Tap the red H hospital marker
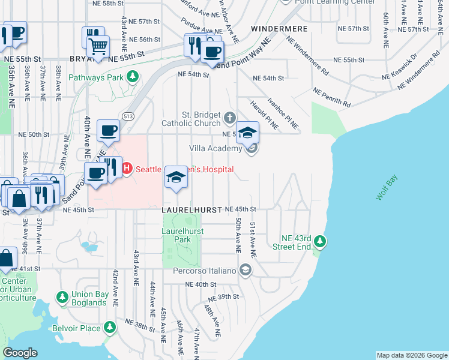click(127, 169)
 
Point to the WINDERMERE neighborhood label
click(279, 29)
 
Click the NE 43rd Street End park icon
click(321, 242)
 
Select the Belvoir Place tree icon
click(109, 328)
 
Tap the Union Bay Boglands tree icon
click(62, 297)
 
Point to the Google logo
click(20, 352)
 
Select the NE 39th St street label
click(223, 298)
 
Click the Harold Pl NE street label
click(265, 114)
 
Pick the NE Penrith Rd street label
click(331, 98)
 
